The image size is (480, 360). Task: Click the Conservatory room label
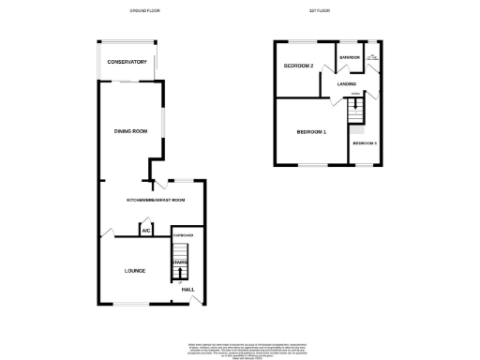[127, 62]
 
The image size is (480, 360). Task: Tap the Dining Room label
[131, 131]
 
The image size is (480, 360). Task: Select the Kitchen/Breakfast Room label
[156, 201]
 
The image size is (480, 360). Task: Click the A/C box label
[146, 230]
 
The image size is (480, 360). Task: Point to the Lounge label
[135, 271]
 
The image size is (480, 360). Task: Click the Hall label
[187, 291]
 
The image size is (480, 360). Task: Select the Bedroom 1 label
[311, 132]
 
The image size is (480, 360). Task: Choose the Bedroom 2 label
[298, 67]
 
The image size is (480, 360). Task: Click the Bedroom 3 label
[365, 143]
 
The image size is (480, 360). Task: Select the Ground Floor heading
[144, 10]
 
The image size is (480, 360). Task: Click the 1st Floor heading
[320, 10]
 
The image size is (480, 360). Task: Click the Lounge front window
[130, 304]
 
